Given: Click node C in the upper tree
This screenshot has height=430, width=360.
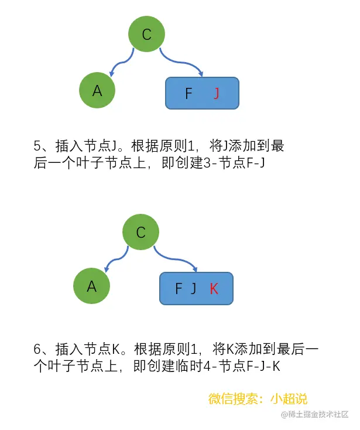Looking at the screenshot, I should (146, 34).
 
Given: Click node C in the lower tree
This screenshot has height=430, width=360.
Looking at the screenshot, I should (140, 233).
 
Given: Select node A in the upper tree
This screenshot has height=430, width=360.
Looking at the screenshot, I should (97, 90).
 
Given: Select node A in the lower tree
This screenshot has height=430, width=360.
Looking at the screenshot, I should (91, 286).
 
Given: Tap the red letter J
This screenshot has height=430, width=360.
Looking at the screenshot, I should (217, 93).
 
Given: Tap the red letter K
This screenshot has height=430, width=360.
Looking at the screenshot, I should (214, 288).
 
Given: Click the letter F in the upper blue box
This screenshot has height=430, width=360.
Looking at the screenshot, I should (188, 93).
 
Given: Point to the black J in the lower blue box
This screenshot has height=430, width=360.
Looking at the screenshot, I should (194, 288).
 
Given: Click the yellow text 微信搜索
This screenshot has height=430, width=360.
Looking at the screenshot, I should (234, 399).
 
